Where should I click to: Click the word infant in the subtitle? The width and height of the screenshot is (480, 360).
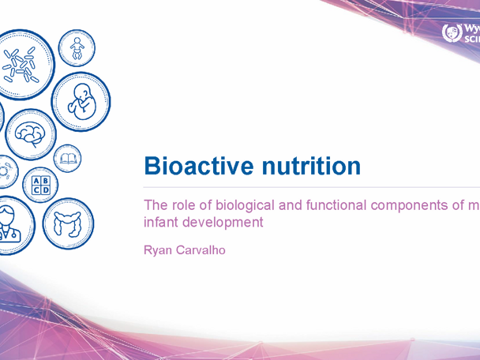160,223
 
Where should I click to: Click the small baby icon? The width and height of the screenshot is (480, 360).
77,50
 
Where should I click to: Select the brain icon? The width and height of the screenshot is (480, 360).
32,135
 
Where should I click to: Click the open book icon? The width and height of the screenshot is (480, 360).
69,160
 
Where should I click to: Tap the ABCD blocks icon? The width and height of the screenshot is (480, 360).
40,186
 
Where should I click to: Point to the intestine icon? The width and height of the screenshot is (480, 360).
67,223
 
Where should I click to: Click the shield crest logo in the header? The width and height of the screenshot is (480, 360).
453,34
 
